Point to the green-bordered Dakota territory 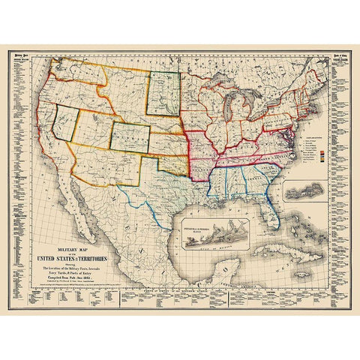[163, 94]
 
